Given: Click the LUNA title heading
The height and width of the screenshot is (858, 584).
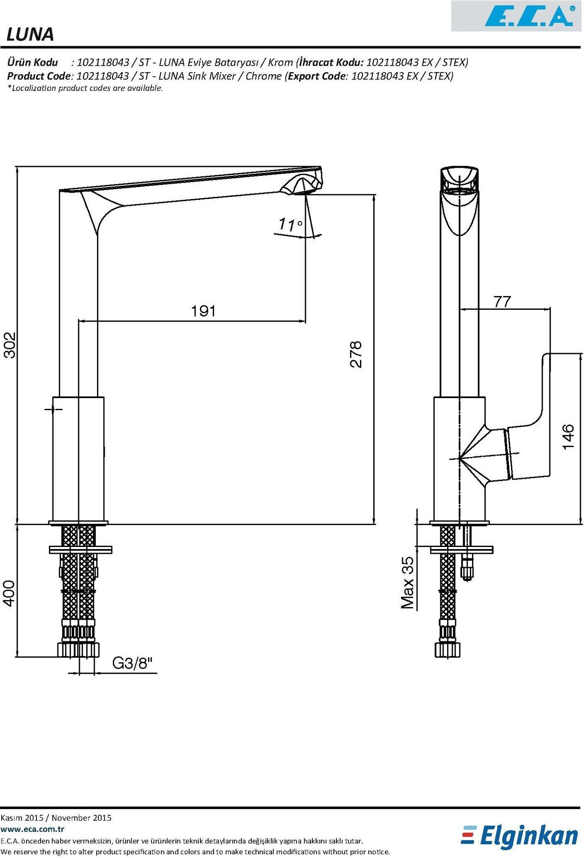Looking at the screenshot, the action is [x=30, y=34].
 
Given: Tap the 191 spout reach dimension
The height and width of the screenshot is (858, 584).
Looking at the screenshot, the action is [x=203, y=311].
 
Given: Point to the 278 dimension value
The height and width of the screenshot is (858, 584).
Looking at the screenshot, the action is [x=356, y=354].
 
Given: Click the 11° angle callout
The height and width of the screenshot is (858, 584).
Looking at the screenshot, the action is [x=290, y=224].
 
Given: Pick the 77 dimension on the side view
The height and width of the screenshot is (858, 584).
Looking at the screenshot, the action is [x=502, y=302].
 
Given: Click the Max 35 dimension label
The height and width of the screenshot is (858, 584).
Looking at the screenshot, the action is [x=408, y=582].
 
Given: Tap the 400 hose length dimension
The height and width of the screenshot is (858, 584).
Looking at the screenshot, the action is [x=9, y=593].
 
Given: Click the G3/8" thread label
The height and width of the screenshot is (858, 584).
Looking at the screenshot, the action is [x=132, y=663].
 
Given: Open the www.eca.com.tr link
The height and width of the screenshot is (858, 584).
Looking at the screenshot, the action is [x=33, y=829].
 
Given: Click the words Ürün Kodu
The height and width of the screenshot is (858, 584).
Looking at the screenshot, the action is [x=33, y=62].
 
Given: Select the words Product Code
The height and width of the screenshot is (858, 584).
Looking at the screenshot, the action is [x=38, y=76].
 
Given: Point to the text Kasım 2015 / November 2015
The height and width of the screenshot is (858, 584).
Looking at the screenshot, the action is [x=56, y=818].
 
